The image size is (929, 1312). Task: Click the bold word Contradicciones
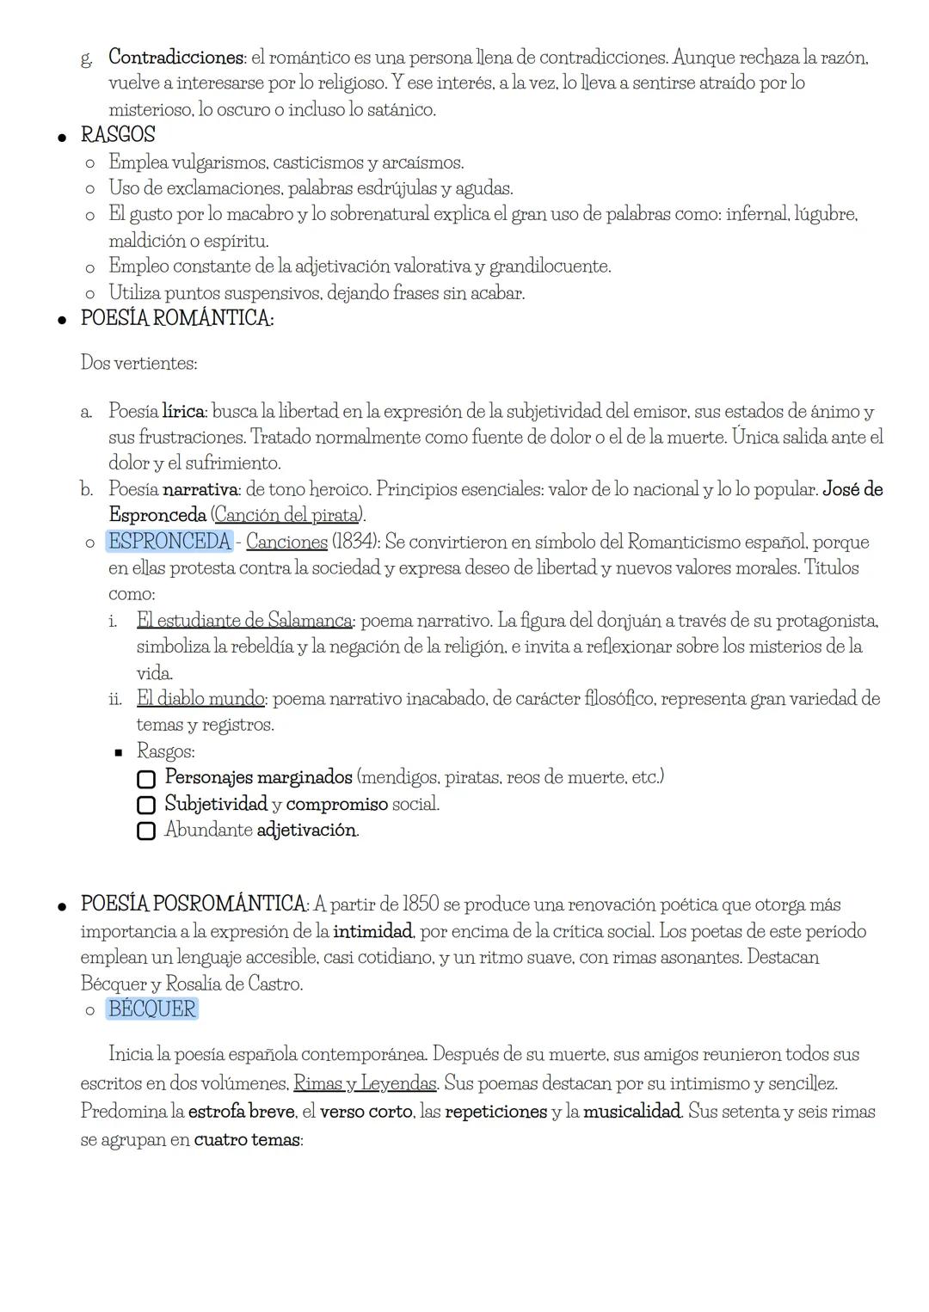pyautogui.click(x=176, y=58)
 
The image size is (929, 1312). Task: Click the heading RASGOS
pyautogui.click(x=118, y=135)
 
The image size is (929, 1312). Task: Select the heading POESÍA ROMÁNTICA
pyautogui.click(x=176, y=318)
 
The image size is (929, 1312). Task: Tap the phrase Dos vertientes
pyautogui.click(x=138, y=363)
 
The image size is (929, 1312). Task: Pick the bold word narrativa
pyautogui.click(x=200, y=489)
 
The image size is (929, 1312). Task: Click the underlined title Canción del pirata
pyautogui.click(x=287, y=515)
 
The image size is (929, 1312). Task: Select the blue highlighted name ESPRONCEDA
pyautogui.click(x=169, y=542)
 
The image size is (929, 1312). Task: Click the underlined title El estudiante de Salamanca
pyautogui.click(x=244, y=620)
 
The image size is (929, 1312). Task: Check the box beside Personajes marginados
pyautogui.click(x=146, y=778)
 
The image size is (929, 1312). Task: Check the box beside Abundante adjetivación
pyautogui.click(x=146, y=831)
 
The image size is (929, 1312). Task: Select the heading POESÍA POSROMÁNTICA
pyautogui.click(x=194, y=904)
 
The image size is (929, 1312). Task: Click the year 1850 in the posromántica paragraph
pyautogui.click(x=421, y=904)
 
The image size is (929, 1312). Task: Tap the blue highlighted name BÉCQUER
pyautogui.click(x=152, y=1009)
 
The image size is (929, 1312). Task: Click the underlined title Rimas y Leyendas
pyautogui.click(x=364, y=1082)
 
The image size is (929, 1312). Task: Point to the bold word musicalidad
pyautogui.click(x=632, y=1111)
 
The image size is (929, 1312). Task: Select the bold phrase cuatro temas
pyautogui.click(x=247, y=1140)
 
